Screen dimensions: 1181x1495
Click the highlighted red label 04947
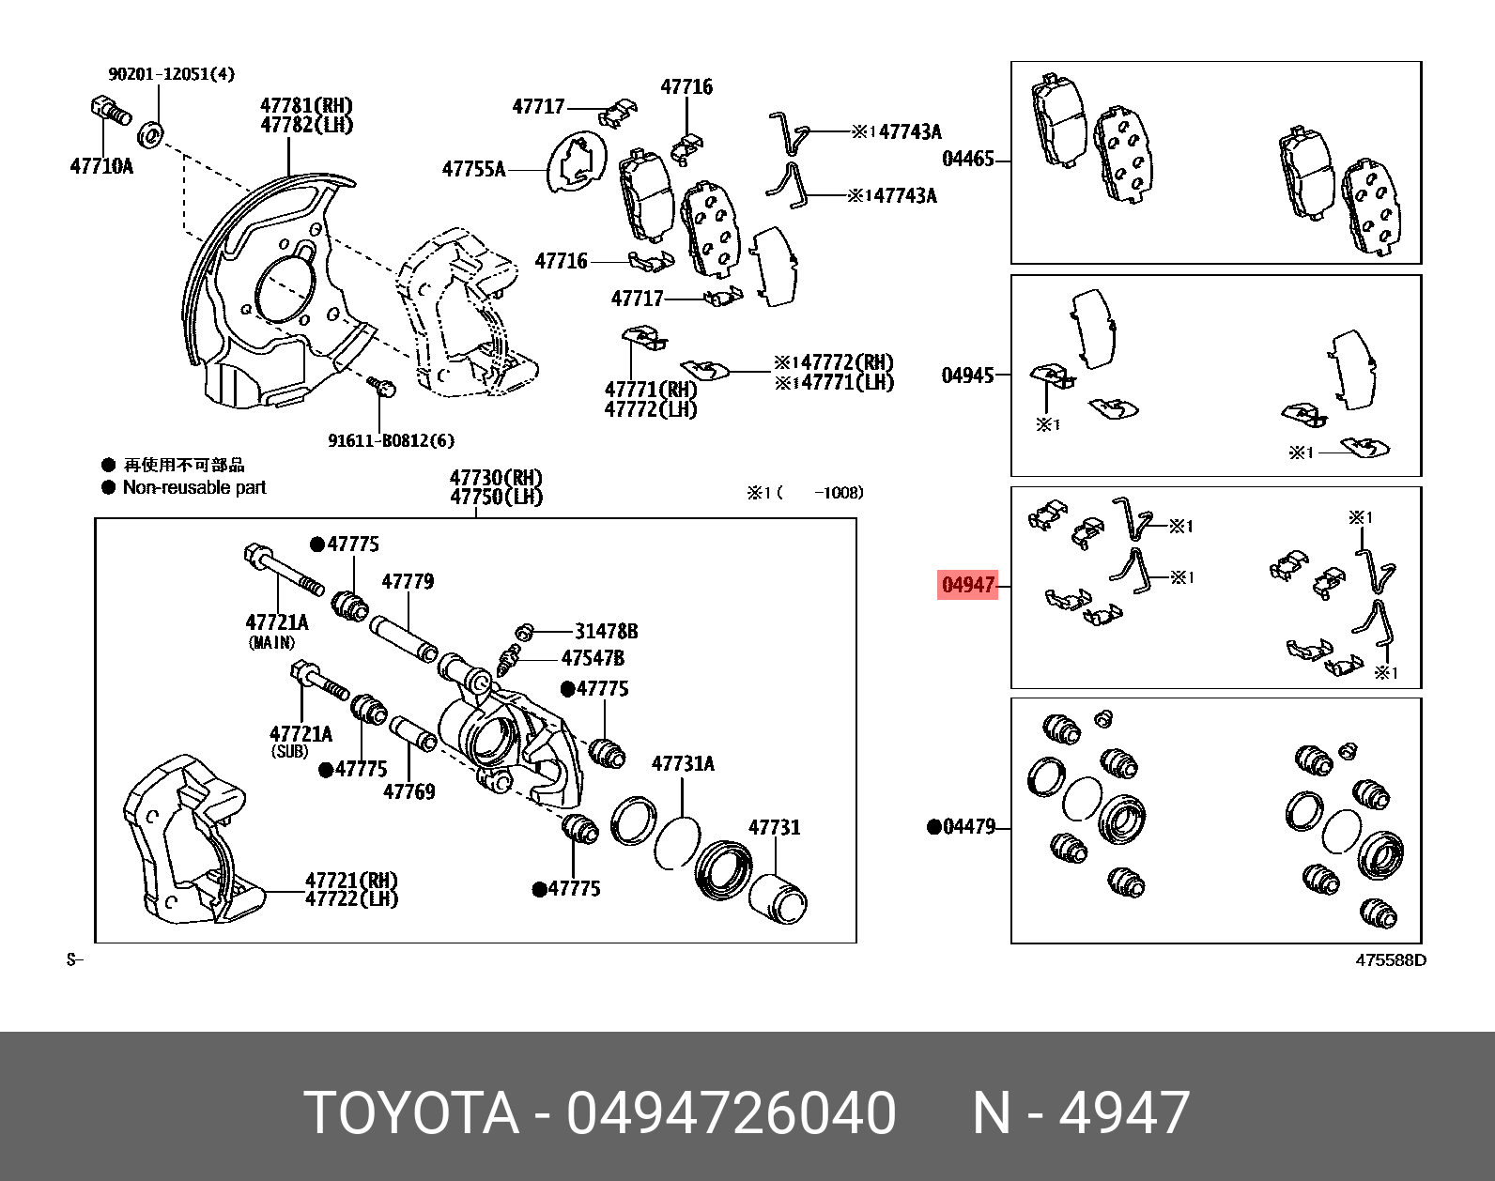coord(967,585)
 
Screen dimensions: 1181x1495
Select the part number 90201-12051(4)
coord(171,73)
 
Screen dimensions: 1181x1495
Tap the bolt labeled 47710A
coord(110,111)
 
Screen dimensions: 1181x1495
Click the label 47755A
coord(473,170)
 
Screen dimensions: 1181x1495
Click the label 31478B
coord(606,631)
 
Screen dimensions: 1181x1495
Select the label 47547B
coord(593,658)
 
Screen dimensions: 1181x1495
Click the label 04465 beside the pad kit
coord(967,159)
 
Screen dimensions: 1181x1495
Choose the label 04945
coord(967,376)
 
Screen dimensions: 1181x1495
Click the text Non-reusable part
coord(194,487)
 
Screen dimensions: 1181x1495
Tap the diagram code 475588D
coord(1390,959)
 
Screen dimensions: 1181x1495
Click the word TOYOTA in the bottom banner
coord(411,1113)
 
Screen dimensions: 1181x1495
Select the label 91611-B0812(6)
coord(391,440)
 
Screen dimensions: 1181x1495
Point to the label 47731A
coord(683,764)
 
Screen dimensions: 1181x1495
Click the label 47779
coord(408,582)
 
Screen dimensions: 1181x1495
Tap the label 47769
coord(408,791)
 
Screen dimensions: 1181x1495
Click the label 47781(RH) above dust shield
coord(306,105)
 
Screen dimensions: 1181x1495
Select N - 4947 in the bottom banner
coord(1081,1113)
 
